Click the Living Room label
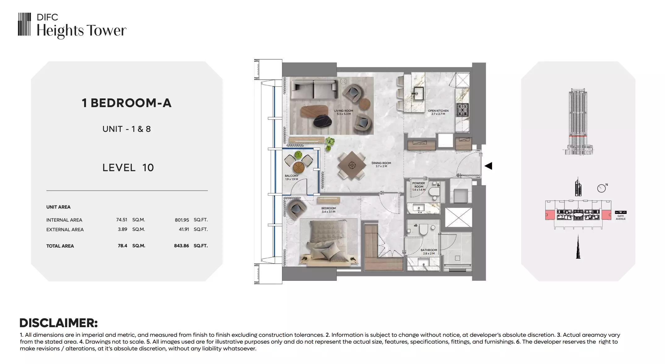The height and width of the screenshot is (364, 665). point(343,112)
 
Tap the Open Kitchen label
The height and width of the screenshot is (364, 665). point(438,112)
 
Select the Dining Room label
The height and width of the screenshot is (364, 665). point(381,164)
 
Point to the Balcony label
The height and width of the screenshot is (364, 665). point(292,177)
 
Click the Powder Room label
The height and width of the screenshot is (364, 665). point(419,186)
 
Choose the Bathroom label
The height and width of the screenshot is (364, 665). point(429,252)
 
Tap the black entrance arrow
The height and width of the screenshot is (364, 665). point(488,166)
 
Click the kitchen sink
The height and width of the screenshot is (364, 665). point(418,93)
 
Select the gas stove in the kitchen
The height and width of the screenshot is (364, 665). point(463,110)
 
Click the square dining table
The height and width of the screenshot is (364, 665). point(352,165)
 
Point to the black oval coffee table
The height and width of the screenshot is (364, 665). point(323,121)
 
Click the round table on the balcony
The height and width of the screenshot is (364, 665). point(299,167)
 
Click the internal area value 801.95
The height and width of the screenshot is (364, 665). point(182,220)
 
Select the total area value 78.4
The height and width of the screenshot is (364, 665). point(122,246)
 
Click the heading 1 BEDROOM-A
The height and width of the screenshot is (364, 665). point(127,103)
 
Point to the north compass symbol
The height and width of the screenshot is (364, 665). point(602,188)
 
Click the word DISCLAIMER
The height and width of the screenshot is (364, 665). point(58,323)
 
